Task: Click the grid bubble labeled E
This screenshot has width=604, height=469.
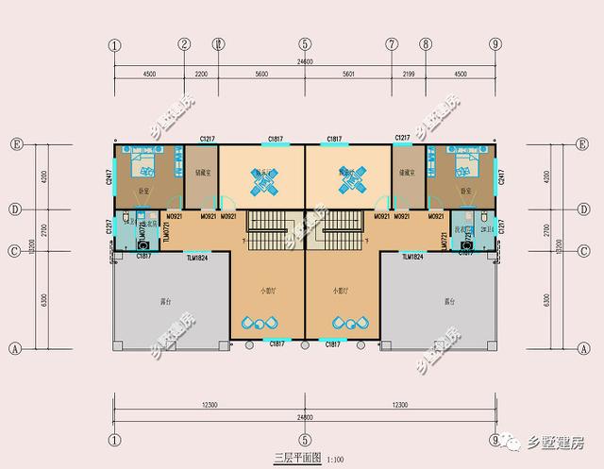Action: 14,144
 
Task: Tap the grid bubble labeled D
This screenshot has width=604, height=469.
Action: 14,209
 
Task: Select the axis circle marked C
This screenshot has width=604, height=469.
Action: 14,250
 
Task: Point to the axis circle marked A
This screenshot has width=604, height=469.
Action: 14,347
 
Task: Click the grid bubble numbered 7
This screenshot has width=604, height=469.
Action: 392,44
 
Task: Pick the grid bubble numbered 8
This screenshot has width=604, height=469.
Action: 426,44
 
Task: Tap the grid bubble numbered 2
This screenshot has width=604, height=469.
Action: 184,44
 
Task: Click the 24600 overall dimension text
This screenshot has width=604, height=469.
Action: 305,61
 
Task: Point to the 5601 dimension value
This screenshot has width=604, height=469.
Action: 348,74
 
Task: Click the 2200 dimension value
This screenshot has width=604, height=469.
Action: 201,74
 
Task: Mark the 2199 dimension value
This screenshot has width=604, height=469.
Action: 409,74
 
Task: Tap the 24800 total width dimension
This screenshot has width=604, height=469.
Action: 305,416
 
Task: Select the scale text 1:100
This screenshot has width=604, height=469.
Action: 335,460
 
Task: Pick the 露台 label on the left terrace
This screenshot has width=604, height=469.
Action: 166,302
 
